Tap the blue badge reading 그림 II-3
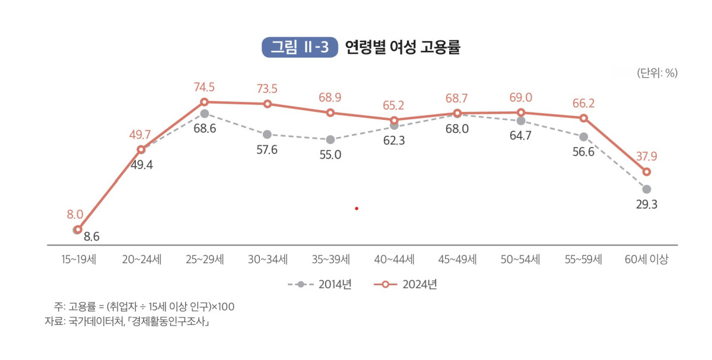click(300, 48)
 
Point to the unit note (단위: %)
click(657, 74)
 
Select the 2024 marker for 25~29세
click(204, 102)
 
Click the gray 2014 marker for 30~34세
click(267, 135)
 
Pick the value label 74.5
click(204, 88)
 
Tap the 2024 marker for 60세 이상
click(647, 172)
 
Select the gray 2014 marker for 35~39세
click(330, 140)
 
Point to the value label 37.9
click(646, 157)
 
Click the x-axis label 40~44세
click(394, 260)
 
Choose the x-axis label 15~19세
click(78, 260)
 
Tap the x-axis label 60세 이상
click(647, 260)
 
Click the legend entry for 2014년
click(320, 285)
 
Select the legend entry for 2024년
click(406, 285)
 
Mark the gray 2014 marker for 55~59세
click(584, 137)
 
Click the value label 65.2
click(393, 106)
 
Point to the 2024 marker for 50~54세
click(520, 112)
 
